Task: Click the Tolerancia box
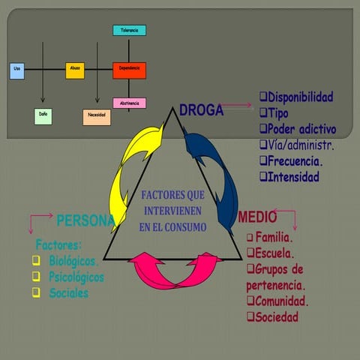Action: click(129, 31)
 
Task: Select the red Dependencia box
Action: click(129, 70)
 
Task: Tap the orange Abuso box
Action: click(75, 70)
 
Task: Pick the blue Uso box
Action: click(18, 70)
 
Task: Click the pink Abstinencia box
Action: click(129, 103)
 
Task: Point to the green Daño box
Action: click(43, 116)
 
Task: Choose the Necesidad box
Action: click(97, 116)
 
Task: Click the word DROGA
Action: click(201, 111)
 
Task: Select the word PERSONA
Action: click(85, 220)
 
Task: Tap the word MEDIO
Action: click(257, 217)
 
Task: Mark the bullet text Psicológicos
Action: click(76, 277)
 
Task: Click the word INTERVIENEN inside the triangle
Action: click(173, 211)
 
